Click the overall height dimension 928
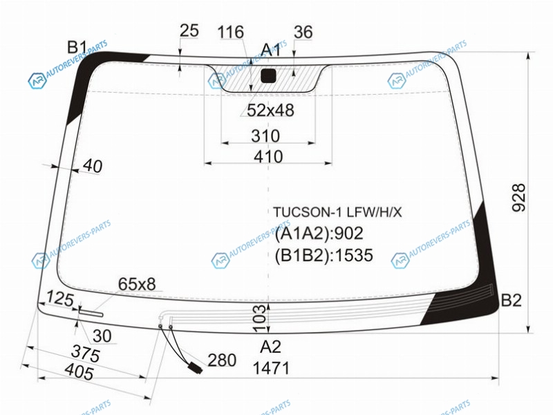click(518, 198)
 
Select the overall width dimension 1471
click(271, 369)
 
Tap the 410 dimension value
click(268, 156)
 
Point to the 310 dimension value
click(265, 136)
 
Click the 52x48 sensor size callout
click(270, 111)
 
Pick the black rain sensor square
click(268, 76)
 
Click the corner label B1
click(77, 47)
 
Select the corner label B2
click(512, 300)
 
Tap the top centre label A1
click(271, 50)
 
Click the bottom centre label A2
click(270, 347)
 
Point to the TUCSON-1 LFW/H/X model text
click(337, 212)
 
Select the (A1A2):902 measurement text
click(319, 234)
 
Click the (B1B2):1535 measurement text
click(324, 255)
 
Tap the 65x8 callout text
click(137, 284)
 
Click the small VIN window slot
click(91, 313)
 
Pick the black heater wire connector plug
click(196, 368)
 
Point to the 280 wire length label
click(222, 360)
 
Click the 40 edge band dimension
click(93, 166)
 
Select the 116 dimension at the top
click(231, 32)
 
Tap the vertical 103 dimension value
click(260, 319)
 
